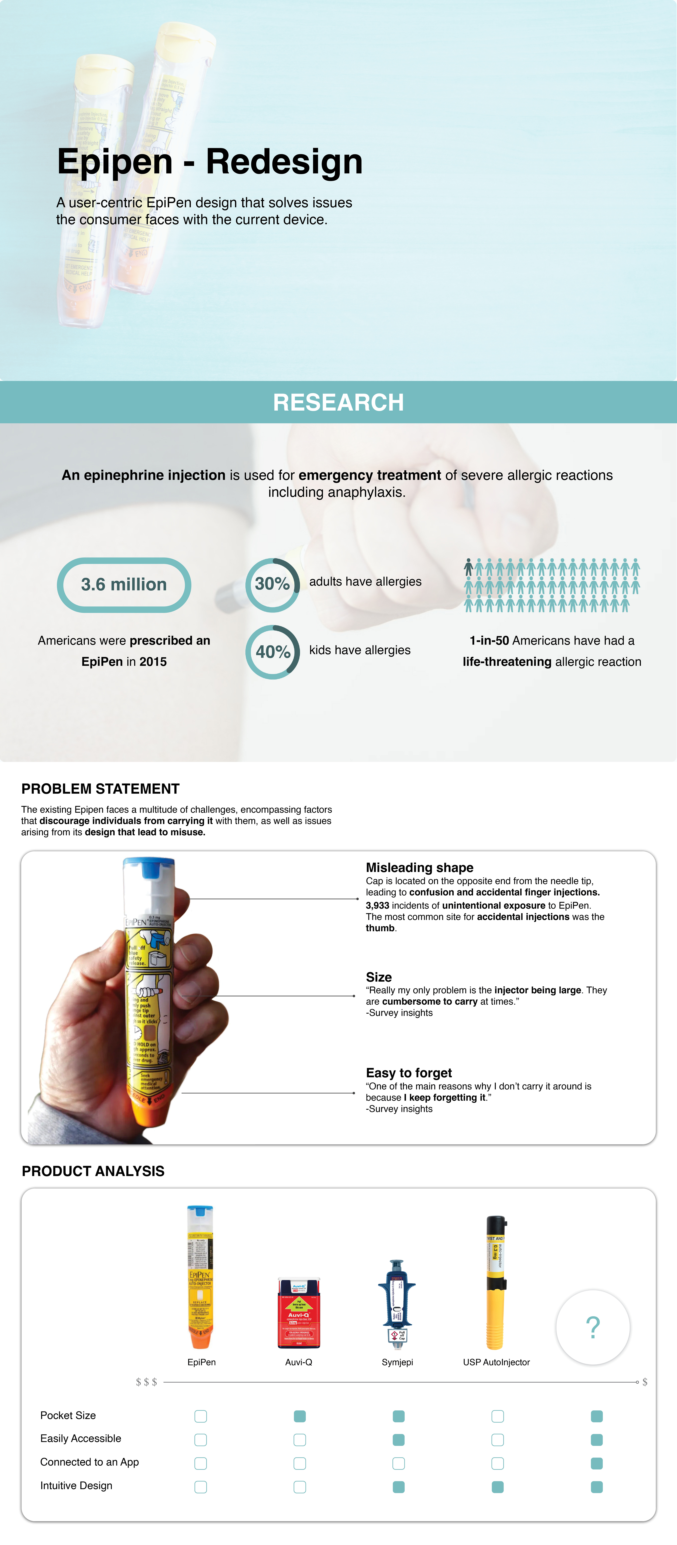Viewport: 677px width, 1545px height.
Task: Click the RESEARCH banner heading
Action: [x=338, y=402]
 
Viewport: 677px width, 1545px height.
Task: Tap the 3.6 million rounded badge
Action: [x=124, y=585]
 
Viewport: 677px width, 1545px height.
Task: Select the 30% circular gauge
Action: [x=272, y=584]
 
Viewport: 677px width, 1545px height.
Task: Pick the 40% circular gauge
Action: [x=272, y=652]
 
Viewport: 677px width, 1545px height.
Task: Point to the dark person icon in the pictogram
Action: [x=468, y=567]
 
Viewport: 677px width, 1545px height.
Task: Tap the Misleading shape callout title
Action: [x=419, y=867]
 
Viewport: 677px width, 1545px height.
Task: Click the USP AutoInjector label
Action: [x=496, y=1362]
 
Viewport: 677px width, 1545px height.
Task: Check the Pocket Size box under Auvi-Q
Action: [x=300, y=1416]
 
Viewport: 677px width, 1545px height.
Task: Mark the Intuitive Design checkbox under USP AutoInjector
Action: [x=497, y=1487]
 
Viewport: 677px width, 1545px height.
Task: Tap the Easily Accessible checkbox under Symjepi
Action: [x=398, y=1439]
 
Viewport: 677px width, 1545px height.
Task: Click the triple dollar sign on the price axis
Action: [x=146, y=1382]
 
